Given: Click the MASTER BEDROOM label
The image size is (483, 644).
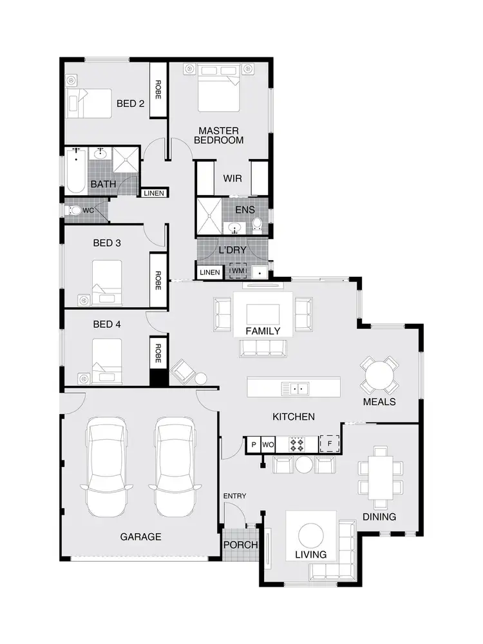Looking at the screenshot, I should click(219, 135).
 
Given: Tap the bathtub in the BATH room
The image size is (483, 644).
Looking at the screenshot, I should click(75, 171).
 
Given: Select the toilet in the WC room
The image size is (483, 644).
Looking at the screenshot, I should click(75, 210).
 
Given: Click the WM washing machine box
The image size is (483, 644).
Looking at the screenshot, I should click(238, 272).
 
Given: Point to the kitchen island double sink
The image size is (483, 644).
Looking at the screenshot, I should click(297, 388).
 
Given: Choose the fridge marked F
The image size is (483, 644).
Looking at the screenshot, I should click(330, 444).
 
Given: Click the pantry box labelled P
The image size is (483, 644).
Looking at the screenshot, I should click(253, 444).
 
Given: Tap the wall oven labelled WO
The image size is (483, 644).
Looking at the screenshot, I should click(268, 444).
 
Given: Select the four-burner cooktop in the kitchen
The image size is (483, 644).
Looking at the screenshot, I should click(297, 444).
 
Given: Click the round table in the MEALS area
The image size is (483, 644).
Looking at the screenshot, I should click(379, 375).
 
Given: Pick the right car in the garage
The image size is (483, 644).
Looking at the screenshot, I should click(175, 466).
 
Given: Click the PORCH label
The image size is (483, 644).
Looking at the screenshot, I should click(240, 545).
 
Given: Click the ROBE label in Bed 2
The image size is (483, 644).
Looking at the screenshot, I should click(158, 90).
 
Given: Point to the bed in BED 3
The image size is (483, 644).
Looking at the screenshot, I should click(106, 283).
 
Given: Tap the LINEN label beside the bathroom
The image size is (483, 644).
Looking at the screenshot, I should click(154, 193).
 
